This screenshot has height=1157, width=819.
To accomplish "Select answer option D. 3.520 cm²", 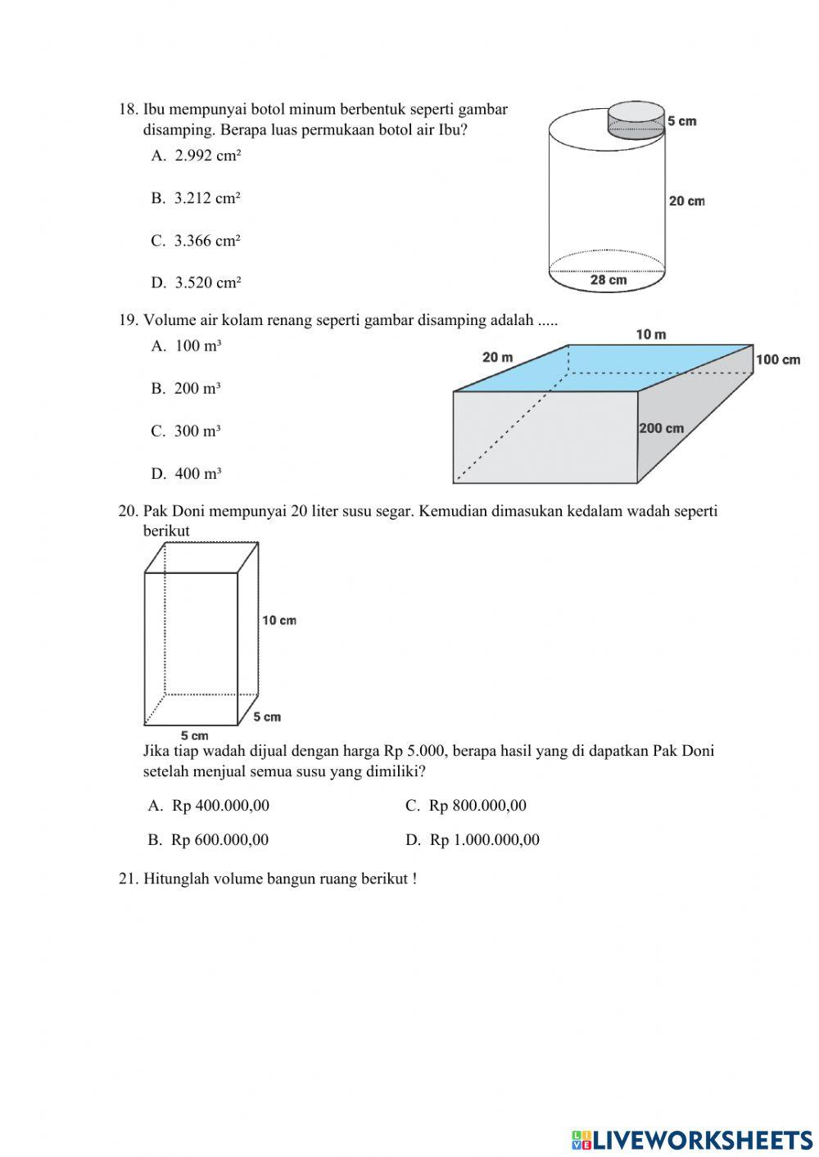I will (197, 283).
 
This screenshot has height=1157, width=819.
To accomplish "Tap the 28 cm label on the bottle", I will (608, 280).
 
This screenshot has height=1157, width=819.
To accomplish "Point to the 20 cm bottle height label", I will (686, 201).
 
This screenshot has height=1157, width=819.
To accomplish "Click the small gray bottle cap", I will (636, 118).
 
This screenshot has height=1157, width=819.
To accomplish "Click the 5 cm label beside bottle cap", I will (681, 121).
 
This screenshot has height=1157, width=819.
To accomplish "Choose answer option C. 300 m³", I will (187, 432).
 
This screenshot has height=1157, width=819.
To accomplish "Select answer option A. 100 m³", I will (187, 346).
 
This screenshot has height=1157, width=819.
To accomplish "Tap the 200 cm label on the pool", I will (661, 428).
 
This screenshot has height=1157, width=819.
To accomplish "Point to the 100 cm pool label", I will (778, 360).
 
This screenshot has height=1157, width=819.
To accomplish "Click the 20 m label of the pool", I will (497, 357).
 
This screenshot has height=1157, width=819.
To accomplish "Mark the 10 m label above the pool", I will (651, 334).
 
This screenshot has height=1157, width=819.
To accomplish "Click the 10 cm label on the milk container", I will (279, 621).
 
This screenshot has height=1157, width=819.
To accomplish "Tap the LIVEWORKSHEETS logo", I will (692, 1139).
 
